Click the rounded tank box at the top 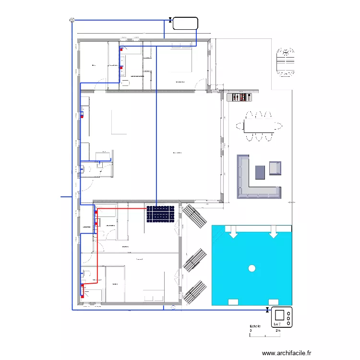185,24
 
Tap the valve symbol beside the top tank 170,20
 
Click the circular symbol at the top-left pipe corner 72,20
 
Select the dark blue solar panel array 160,214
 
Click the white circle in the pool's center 252,268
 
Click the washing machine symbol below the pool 282,318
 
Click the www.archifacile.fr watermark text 287,353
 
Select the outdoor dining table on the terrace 260,126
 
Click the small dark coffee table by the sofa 261,171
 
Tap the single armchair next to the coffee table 276,168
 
